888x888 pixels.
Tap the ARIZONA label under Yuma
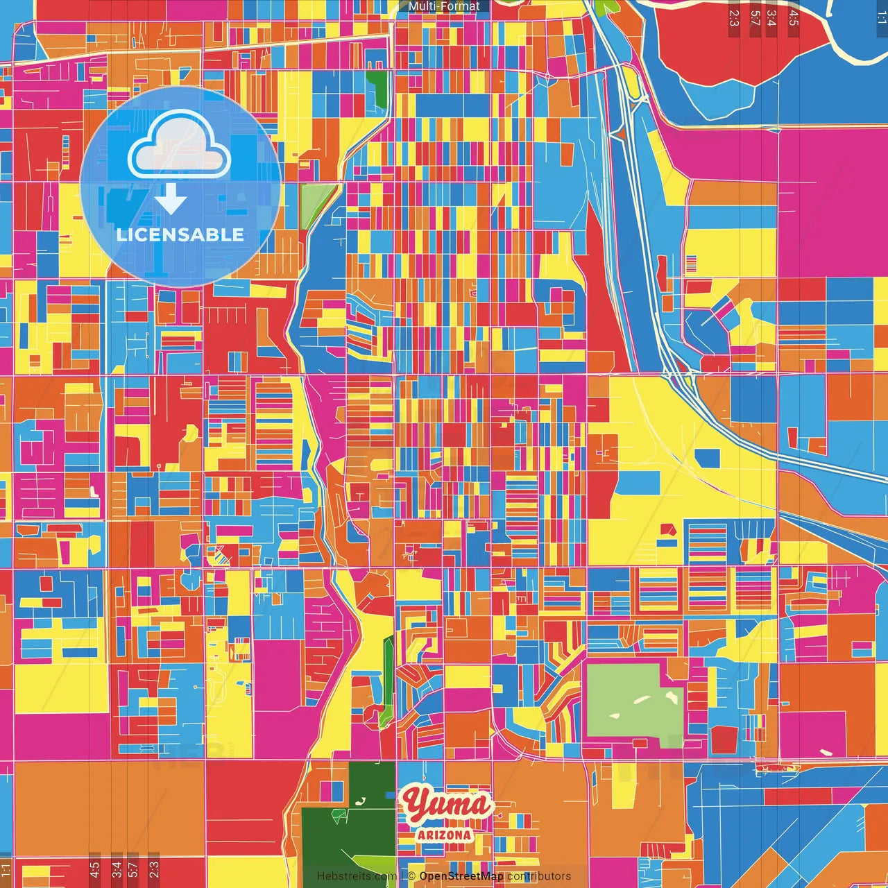click(444, 835)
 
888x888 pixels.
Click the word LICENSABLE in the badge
click(180, 234)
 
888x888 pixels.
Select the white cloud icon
click(179, 146)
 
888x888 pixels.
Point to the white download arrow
click(171, 199)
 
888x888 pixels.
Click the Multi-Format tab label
click(444, 6)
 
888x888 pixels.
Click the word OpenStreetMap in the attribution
click(461, 876)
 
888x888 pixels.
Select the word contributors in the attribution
click(538, 876)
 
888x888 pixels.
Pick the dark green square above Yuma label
click(371, 785)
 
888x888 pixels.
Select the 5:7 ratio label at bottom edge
click(133, 869)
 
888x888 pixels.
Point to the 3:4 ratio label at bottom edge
click(116, 869)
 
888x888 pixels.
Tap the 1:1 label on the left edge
click(6, 869)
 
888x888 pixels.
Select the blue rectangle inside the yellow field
click(707, 458)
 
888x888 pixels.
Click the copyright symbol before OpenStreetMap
click(411, 876)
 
